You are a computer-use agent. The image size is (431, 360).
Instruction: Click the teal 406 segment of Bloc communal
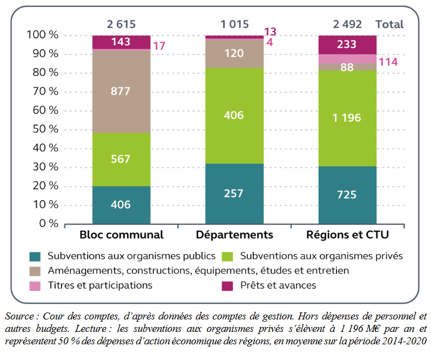tap(121, 205)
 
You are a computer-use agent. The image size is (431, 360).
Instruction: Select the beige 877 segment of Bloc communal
tap(121, 91)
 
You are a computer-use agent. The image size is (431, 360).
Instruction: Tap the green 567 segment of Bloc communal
tap(121, 159)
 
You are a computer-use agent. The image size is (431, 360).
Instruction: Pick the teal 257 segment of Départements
tap(234, 194)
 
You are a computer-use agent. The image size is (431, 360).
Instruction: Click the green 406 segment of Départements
tap(234, 115)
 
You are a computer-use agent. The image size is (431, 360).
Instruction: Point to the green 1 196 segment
tap(347, 118)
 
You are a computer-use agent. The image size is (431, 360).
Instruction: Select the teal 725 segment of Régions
tap(347, 195)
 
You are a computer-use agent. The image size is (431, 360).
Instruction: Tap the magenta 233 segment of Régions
tap(347, 45)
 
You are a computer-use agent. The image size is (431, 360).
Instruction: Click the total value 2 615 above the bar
tap(121, 24)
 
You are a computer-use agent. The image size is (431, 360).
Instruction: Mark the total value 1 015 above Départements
tap(234, 24)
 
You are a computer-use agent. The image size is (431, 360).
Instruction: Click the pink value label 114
tap(388, 62)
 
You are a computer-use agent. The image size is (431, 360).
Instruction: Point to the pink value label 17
tap(159, 46)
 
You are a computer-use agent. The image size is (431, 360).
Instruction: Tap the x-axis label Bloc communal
tap(121, 235)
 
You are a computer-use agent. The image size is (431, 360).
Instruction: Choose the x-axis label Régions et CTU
tap(347, 235)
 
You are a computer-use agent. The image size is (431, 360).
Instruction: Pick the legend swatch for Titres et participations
tap(35, 285)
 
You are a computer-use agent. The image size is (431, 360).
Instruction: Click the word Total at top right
tap(389, 24)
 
